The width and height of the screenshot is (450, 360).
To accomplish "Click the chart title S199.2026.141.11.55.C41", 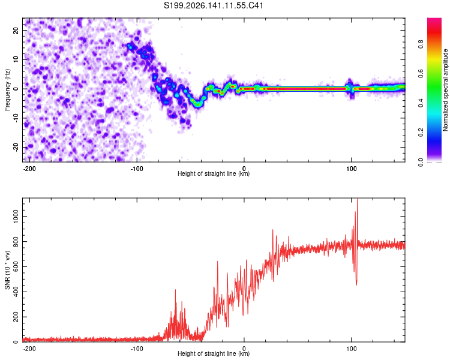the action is (213, 5).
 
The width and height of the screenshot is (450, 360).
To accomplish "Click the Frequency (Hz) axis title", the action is (7, 90).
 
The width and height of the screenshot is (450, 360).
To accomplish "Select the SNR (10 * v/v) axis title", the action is (7, 270).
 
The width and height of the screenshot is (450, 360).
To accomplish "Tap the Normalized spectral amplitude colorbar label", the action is (445, 90).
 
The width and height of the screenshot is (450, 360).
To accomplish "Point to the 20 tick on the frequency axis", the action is (16, 30).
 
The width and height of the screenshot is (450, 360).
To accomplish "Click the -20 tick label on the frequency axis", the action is (16, 148).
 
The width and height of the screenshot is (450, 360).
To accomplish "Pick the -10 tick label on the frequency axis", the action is (16, 118).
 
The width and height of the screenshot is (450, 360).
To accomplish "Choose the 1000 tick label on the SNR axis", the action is (16, 217).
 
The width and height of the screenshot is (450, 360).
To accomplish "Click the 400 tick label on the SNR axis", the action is (16, 292).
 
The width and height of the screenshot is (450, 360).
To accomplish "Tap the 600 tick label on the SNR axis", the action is (16, 266).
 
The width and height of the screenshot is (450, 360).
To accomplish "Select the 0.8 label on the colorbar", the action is (421, 44).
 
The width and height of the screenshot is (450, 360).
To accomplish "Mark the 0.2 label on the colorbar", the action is (421, 133).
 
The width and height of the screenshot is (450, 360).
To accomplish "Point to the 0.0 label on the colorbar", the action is (421, 162).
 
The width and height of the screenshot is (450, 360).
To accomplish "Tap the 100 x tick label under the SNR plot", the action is (351, 349).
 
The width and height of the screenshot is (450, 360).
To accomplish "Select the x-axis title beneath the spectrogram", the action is (214, 173).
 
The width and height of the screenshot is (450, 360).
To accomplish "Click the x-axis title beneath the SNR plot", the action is (214, 353).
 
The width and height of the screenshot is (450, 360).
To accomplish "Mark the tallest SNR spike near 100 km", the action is (358, 199).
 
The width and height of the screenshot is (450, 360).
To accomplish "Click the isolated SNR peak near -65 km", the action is (175, 290).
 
